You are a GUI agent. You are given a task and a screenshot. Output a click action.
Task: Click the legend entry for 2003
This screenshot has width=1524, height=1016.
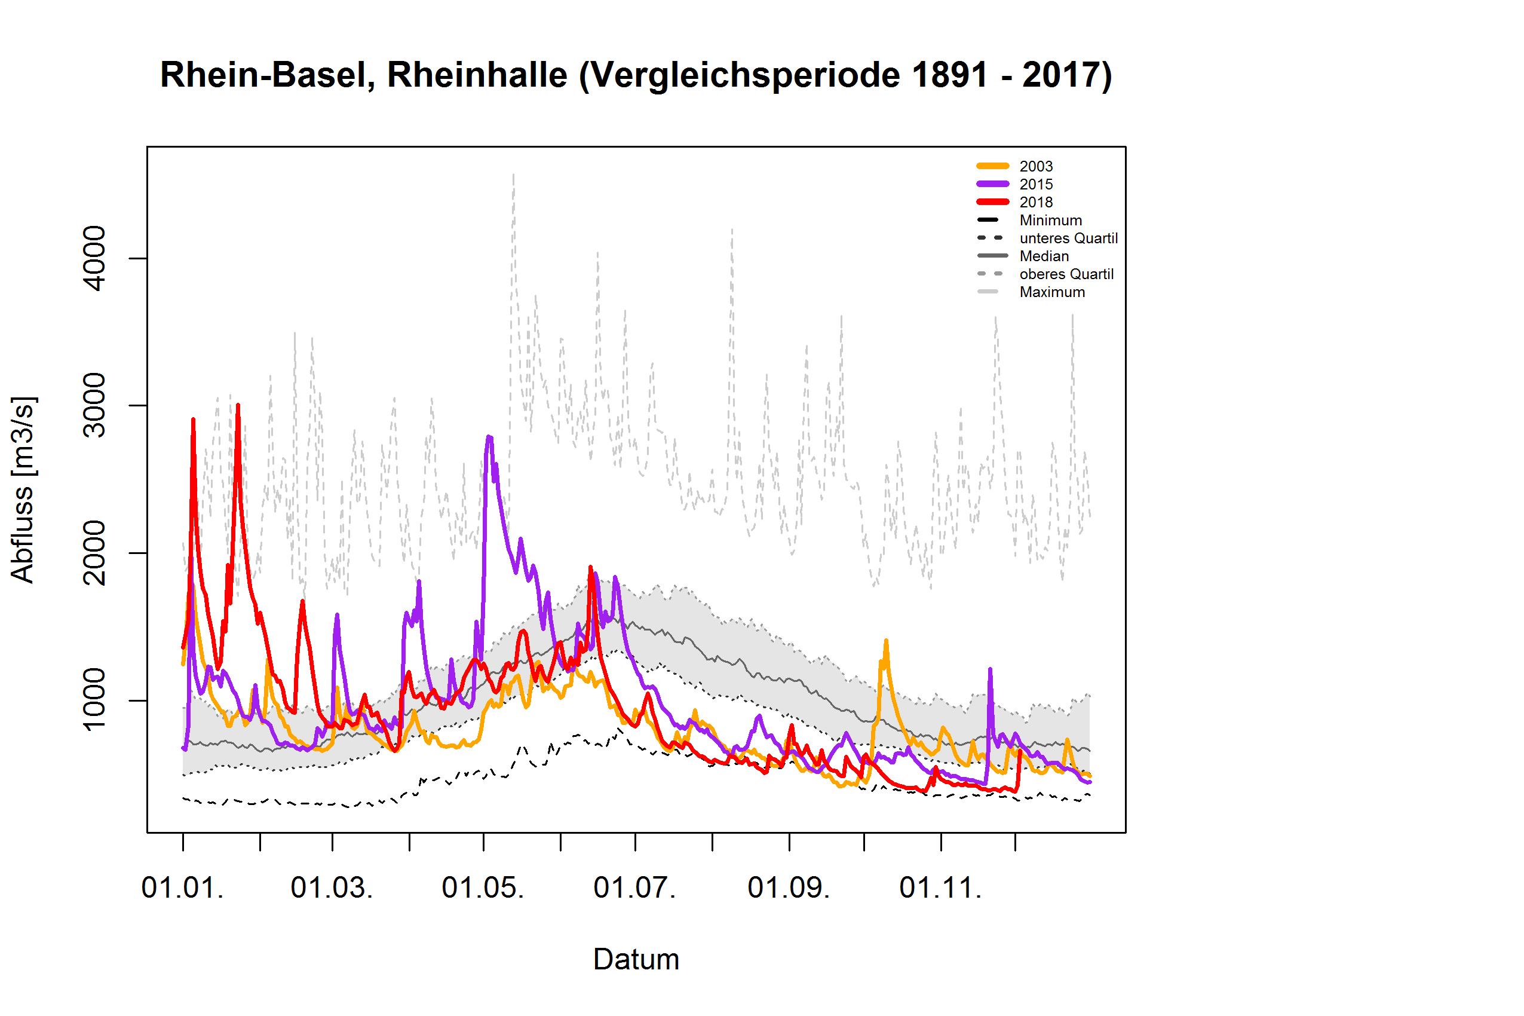pos(1036,167)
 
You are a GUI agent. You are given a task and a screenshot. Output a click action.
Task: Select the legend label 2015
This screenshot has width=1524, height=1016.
pos(1036,185)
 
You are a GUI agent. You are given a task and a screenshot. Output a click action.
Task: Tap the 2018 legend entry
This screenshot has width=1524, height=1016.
pos(1036,202)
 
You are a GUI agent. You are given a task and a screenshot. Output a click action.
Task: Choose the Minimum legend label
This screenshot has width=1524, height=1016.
pos(1050,221)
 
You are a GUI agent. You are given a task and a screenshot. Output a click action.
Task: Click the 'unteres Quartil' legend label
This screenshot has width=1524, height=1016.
pos(1068,238)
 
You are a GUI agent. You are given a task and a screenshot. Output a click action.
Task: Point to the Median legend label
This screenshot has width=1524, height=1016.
pos(1044,256)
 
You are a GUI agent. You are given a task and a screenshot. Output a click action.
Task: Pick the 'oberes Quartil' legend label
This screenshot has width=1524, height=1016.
pos(1066,274)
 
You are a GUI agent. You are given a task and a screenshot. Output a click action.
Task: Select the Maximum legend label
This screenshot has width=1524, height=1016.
pos(1052,292)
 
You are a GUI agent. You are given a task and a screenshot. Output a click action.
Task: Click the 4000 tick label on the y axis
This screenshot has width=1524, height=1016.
pos(94,259)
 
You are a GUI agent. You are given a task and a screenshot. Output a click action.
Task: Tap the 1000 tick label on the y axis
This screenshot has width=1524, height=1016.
pos(94,700)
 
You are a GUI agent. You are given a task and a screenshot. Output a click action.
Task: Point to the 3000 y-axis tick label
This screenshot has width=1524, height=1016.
pos(94,406)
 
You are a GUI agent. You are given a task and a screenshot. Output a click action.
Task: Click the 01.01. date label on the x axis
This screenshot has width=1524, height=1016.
pos(183,888)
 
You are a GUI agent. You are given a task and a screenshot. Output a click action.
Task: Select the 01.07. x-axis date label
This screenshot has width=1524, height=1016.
pos(634,888)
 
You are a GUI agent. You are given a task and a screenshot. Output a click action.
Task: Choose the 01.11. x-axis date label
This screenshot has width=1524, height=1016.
pos(940,888)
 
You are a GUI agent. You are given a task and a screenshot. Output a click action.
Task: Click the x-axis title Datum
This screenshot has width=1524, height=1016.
pos(636,960)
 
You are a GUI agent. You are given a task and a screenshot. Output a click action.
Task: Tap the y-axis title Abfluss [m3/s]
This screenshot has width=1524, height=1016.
pos(23,489)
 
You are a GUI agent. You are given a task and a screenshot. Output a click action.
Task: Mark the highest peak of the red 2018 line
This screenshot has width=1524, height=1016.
pos(238,406)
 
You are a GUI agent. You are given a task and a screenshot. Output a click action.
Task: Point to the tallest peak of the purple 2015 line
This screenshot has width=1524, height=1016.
pos(489,437)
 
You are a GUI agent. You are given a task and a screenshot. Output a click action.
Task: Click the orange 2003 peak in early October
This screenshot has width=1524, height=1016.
pos(885,641)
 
